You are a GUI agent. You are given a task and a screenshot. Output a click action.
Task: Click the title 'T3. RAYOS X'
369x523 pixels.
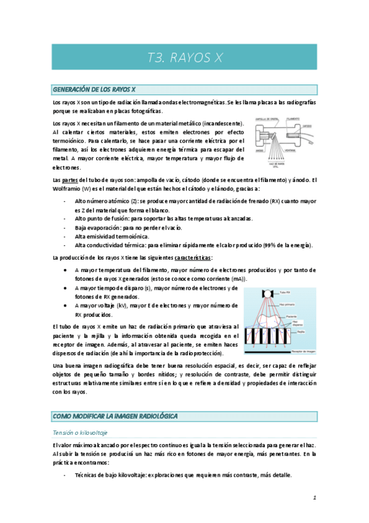point(185,58)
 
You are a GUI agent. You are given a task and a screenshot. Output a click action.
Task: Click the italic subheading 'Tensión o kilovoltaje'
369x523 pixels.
point(79,433)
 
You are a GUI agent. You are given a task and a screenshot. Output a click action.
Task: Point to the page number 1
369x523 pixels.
point(314,496)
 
